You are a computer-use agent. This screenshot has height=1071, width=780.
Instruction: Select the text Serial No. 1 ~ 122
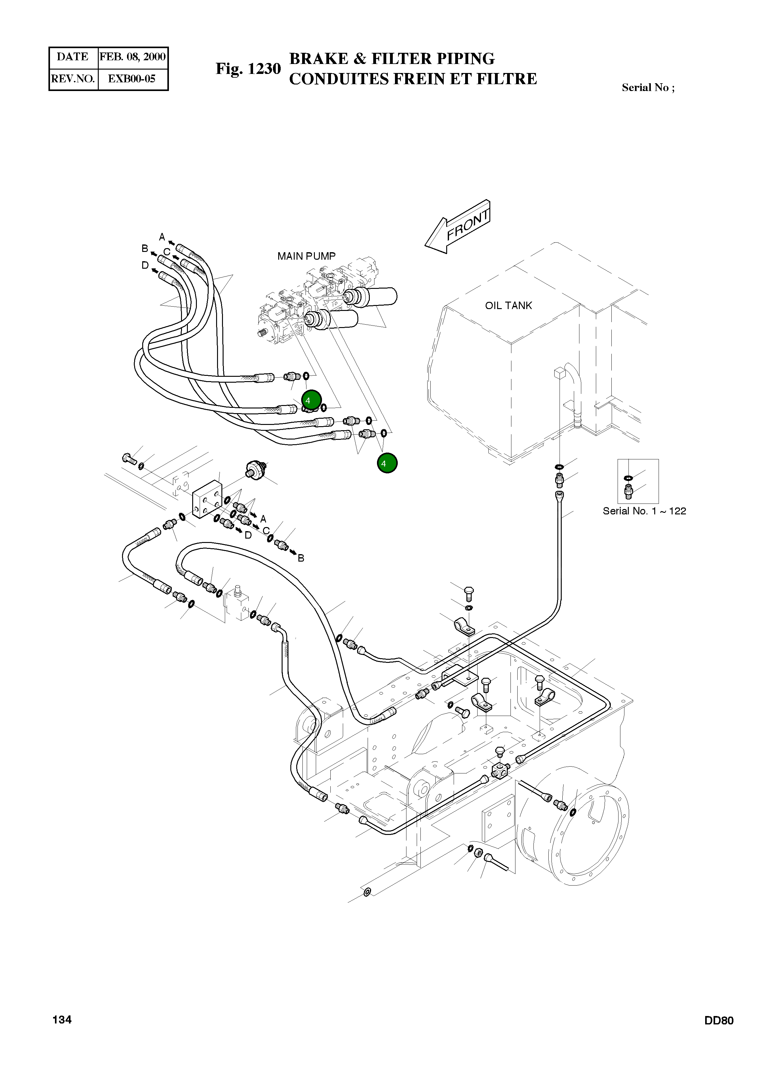click(644, 511)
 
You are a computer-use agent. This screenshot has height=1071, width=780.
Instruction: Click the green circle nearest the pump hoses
click(311, 400)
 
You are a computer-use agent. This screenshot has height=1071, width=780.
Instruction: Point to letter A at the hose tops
click(162, 237)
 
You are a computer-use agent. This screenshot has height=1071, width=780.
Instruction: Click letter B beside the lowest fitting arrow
click(301, 558)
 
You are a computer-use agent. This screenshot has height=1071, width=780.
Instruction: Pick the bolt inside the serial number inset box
click(628, 492)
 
